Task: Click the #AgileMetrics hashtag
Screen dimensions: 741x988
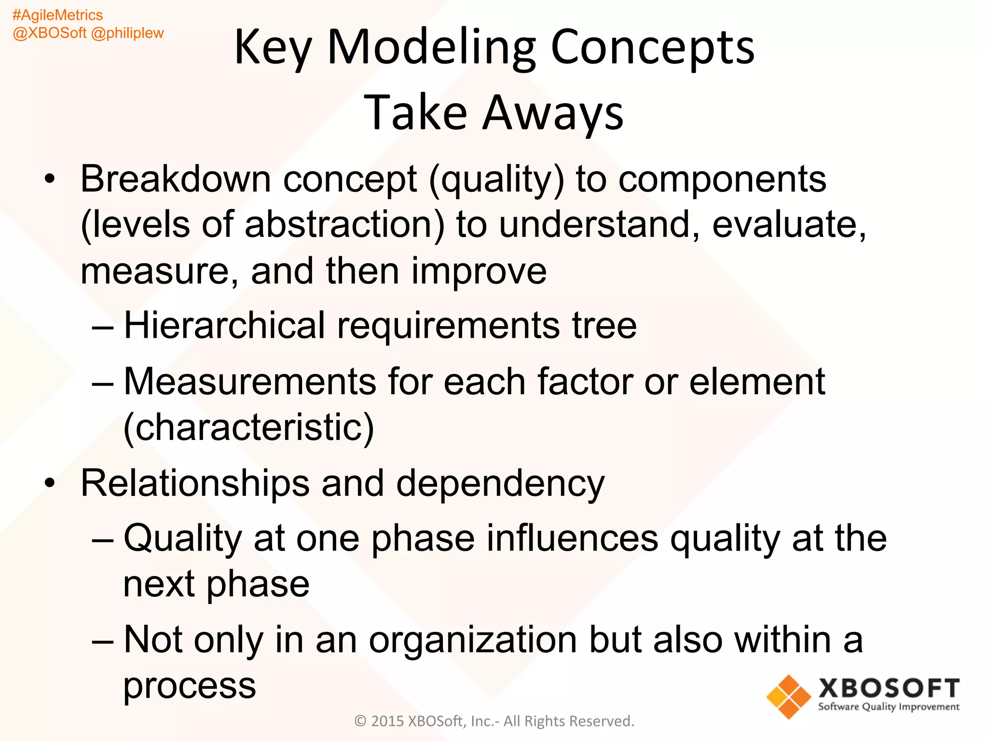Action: (x=57, y=15)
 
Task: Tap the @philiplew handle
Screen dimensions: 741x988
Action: (x=127, y=33)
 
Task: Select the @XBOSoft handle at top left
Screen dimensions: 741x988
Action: (x=49, y=33)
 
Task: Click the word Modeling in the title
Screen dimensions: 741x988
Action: (x=431, y=48)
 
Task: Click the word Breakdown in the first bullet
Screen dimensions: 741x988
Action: (x=176, y=179)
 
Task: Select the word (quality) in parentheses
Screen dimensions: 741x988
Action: (x=496, y=180)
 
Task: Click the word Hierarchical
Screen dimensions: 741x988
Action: (x=224, y=326)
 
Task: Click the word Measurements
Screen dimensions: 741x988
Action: (x=249, y=382)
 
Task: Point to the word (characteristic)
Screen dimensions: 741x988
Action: (x=248, y=427)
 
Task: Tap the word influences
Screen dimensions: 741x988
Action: (x=572, y=538)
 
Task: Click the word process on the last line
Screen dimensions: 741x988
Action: (x=189, y=686)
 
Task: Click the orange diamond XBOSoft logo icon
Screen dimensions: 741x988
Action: (x=788, y=696)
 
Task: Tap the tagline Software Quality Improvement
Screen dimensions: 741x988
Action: (x=888, y=707)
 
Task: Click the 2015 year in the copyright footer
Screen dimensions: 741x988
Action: (x=387, y=721)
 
